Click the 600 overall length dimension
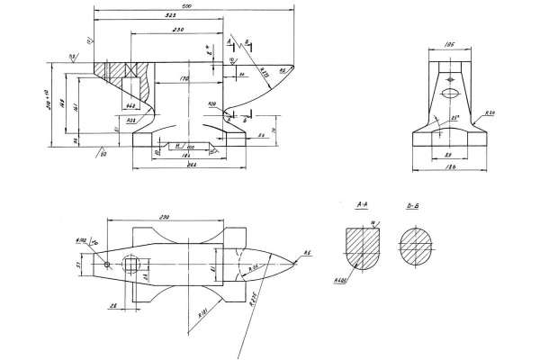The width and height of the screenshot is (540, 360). [x=186, y=6]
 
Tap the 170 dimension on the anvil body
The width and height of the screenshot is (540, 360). [x=183, y=79]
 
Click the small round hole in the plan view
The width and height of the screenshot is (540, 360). [x=107, y=264]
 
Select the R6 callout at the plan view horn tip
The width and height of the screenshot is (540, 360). [x=306, y=253]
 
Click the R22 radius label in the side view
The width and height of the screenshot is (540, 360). [x=131, y=119]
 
